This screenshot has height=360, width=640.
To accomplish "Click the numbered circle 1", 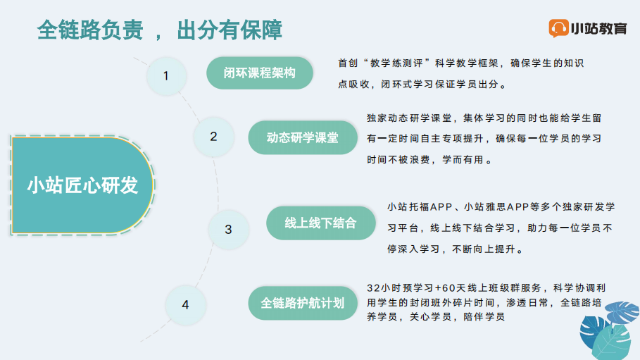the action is coord(167,76).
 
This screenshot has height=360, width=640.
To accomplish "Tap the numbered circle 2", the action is coord(213,137).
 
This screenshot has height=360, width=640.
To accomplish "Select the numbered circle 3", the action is coord(228,229).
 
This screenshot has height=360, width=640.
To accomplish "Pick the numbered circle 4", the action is coord(185,305).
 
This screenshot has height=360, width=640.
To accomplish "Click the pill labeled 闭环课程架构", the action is coord(260,73).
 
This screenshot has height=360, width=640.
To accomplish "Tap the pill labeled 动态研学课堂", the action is coord(303,137).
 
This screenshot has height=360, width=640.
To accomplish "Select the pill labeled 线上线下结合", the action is coord(321,223).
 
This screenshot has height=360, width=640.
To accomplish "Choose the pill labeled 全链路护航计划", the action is coord(303,303).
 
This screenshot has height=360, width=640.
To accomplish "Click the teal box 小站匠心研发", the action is coord(82,185).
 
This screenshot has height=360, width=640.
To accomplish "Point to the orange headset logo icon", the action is coord(558,28).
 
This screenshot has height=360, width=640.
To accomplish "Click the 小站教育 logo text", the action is coord(598,29).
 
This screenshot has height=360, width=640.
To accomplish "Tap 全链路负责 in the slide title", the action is coord(90,30).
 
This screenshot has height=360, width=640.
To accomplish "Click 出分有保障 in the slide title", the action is coord(230,30).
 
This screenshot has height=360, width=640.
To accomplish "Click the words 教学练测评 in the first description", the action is coord(396,63).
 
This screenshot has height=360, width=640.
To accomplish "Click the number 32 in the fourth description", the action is coord(373,288).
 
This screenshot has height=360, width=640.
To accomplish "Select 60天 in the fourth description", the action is coord(454,288).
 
